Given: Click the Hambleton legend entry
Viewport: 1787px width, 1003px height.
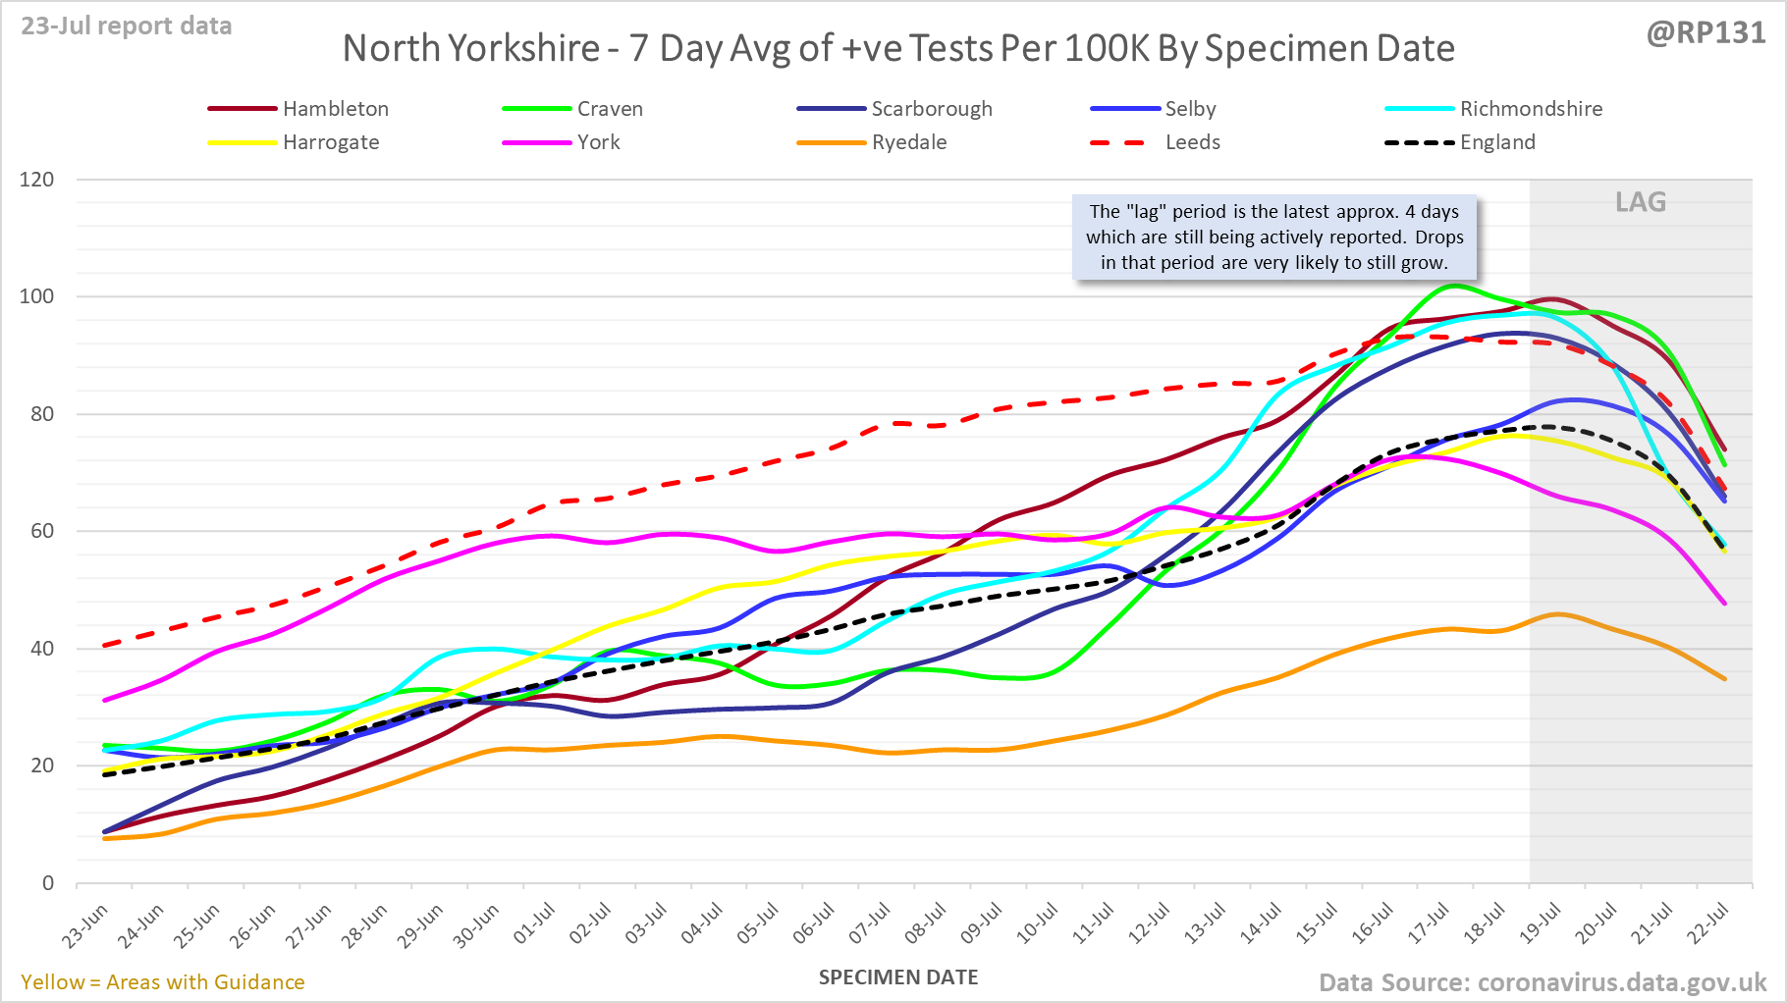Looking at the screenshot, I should coord(335,109).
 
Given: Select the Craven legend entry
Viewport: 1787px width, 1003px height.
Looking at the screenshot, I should coord(609,109).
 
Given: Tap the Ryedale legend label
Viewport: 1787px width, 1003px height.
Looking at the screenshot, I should coord(908,142).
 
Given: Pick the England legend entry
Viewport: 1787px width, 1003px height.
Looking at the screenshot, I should coord(1496,142).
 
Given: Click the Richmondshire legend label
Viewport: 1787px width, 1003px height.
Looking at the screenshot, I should coord(1530,109).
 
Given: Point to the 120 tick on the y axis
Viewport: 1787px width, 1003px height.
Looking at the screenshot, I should coord(37,180).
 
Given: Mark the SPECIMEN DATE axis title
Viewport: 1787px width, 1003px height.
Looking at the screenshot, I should coord(898,977).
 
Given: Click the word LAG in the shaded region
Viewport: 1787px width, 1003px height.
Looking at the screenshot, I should coord(1641,202).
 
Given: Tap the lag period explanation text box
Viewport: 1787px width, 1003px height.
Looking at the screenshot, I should coord(1274,238).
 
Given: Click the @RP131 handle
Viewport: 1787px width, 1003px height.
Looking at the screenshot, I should coord(1706,33).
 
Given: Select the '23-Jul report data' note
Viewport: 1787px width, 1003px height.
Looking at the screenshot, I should coord(127,26).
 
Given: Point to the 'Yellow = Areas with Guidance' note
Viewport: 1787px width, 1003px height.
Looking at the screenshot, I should coord(163,982).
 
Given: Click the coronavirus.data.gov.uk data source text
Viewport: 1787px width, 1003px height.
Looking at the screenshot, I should coord(1621,982).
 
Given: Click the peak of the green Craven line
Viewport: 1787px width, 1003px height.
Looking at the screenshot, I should coord(1454,286).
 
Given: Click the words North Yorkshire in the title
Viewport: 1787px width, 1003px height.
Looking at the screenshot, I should coord(471,48).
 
